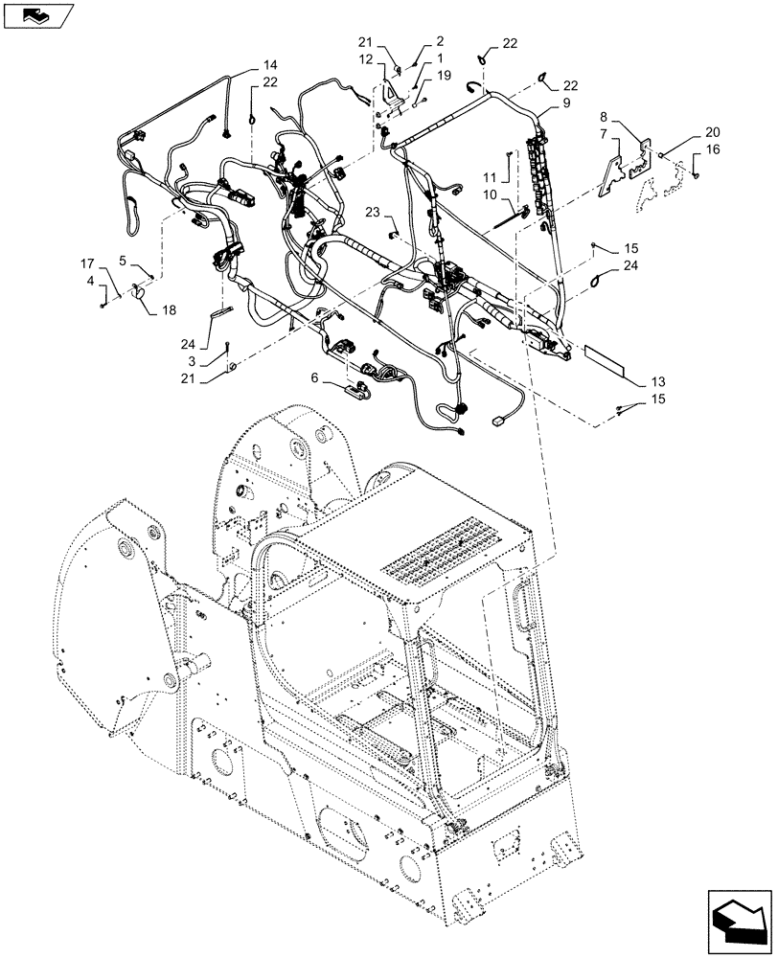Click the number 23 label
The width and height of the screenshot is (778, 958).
372,211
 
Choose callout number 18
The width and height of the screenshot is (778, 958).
171,308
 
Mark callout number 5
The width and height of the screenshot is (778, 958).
123,260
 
